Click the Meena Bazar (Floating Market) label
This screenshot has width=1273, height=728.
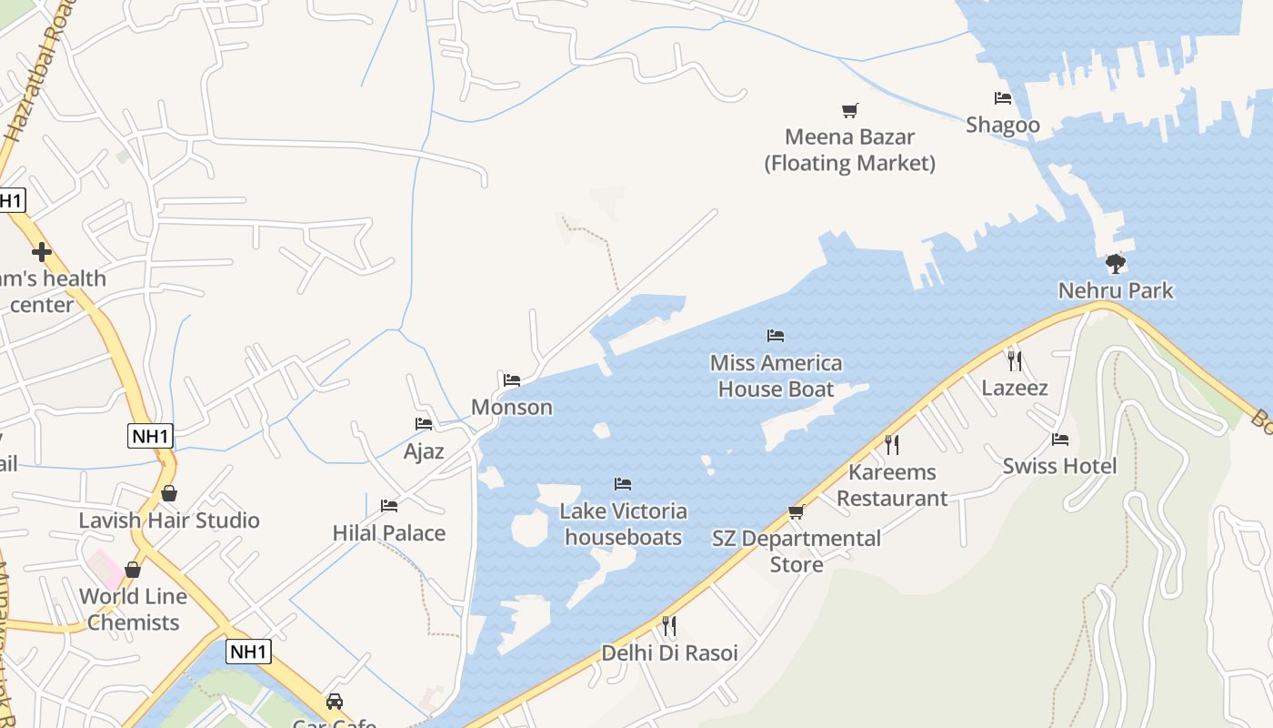click(x=849, y=150)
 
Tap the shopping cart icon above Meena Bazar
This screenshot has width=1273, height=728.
click(x=849, y=111)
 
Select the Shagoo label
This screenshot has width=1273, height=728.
click(x=1002, y=125)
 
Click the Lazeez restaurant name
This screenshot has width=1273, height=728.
click(x=1015, y=389)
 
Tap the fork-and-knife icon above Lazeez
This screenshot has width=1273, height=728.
click(x=1015, y=361)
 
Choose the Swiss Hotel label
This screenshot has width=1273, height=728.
click(x=1059, y=466)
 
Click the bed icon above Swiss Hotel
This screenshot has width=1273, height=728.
click(x=1059, y=440)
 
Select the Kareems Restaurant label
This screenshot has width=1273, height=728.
click(x=892, y=485)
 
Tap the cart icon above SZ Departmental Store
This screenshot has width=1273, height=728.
click(x=797, y=512)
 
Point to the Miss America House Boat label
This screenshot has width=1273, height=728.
click(x=776, y=376)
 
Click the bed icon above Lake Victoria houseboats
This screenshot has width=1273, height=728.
click(x=623, y=484)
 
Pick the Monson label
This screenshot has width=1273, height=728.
click(x=512, y=407)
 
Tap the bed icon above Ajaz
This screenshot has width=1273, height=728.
click(x=424, y=424)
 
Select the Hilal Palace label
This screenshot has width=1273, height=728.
click(x=389, y=533)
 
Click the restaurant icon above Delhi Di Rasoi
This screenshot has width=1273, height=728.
click(x=669, y=626)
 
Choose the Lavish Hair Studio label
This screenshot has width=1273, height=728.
click(x=169, y=521)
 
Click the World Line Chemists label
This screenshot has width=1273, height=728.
click(x=133, y=610)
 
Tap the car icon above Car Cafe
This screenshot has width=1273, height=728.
click(x=335, y=702)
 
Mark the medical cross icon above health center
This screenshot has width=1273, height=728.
click(x=41, y=252)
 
